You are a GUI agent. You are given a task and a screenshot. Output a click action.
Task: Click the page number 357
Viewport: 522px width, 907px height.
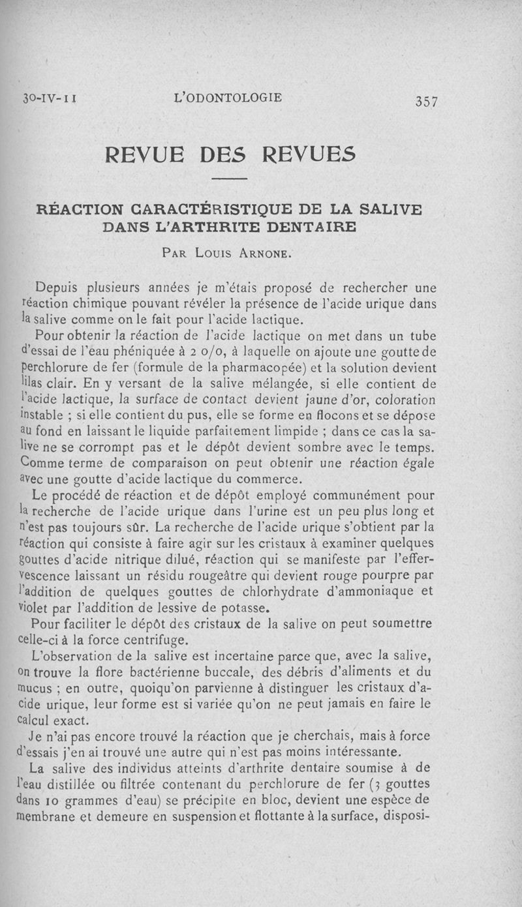pyautogui.click(x=425, y=102)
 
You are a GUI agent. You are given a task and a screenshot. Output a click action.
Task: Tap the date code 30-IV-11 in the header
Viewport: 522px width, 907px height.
pyautogui.click(x=50, y=99)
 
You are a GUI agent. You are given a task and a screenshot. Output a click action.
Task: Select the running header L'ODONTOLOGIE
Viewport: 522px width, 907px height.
pyautogui.click(x=228, y=98)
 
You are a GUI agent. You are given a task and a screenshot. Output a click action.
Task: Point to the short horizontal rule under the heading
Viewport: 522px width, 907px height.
pyautogui.click(x=229, y=178)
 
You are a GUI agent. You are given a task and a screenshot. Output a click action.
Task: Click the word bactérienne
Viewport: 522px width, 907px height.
pyautogui.click(x=177, y=672)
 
